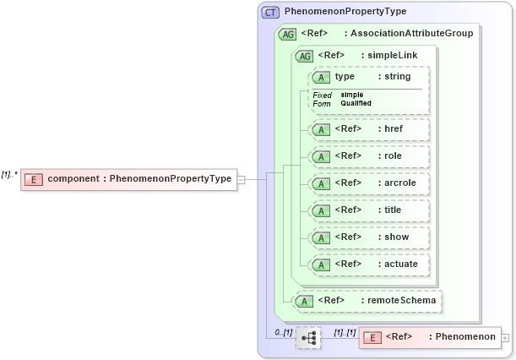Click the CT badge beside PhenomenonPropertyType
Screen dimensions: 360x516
click(x=270, y=13)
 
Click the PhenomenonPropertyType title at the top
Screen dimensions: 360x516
click(x=345, y=13)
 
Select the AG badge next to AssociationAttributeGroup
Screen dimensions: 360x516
click(x=287, y=35)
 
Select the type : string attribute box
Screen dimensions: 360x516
click(x=369, y=77)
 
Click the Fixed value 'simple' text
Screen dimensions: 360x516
click(x=352, y=95)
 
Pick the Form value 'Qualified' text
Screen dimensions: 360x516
click(x=356, y=103)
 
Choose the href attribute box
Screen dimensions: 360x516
click(x=369, y=129)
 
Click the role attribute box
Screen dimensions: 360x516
click(x=369, y=156)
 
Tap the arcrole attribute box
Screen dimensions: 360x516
click(x=369, y=183)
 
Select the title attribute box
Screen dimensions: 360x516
click(x=369, y=210)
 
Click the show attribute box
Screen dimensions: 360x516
click(x=369, y=237)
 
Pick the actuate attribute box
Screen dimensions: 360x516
click(x=369, y=265)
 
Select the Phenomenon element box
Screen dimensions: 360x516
click(x=430, y=337)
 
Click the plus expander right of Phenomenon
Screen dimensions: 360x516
click(x=505, y=338)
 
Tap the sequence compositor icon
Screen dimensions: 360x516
click(x=308, y=337)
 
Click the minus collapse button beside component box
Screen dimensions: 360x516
click(x=242, y=179)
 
